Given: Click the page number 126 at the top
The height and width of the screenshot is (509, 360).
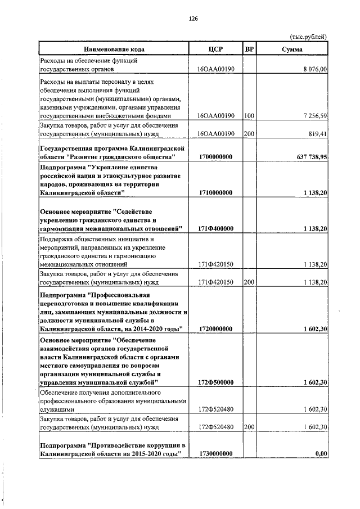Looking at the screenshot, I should (x=193, y=18).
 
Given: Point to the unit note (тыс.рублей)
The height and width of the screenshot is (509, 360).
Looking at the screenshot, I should (x=308, y=37).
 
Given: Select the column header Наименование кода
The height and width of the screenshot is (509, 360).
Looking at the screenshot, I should (x=111, y=49).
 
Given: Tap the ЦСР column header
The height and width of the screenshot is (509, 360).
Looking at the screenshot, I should (x=215, y=49).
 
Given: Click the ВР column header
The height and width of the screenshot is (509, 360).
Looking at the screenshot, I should (x=250, y=49).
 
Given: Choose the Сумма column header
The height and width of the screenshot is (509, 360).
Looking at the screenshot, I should (x=292, y=49).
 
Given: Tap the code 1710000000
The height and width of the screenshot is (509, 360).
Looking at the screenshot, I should (x=215, y=193).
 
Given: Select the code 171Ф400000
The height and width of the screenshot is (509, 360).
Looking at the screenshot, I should (x=215, y=229).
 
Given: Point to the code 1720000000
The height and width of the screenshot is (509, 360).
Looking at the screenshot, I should (x=215, y=328).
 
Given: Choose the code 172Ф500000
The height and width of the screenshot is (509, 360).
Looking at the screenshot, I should (x=215, y=382).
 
